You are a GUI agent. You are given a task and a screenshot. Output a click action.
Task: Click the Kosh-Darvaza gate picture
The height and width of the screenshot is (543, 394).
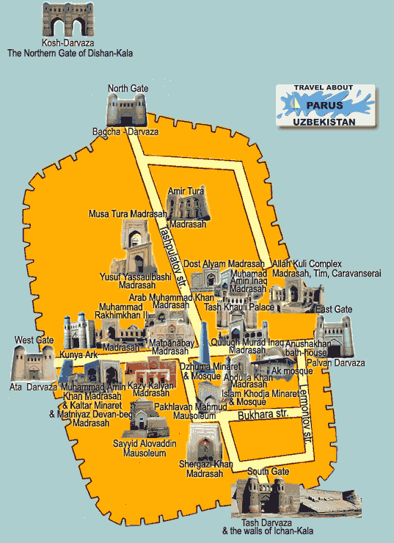pyautogui.click(x=70, y=21)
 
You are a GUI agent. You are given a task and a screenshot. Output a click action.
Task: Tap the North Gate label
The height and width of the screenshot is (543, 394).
pyautogui.click(x=128, y=89)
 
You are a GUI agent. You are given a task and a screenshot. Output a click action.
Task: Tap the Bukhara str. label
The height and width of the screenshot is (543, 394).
pyautogui.click(x=257, y=418)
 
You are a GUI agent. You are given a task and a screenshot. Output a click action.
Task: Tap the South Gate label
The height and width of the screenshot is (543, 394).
pyautogui.click(x=263, y=472)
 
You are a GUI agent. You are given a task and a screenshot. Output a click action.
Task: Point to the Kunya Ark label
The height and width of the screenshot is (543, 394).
pyautogui.click(x=78, y=355)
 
